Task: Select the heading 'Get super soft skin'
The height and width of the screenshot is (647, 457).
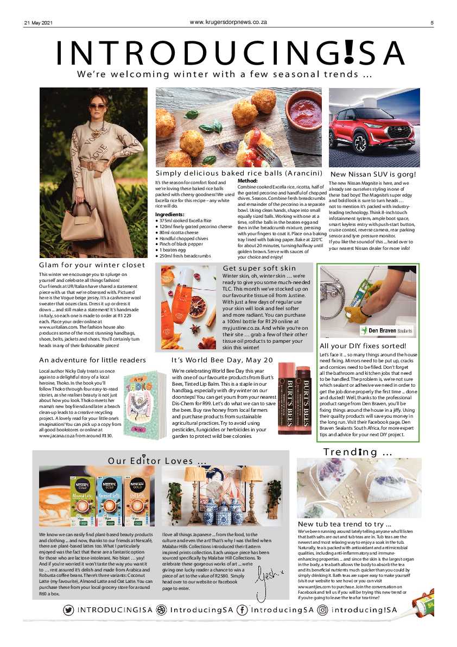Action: [x=259, y=268]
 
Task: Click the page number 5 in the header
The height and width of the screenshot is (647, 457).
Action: [x=432, y=23]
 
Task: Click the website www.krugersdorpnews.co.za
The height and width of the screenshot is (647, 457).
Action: [x=228, y=22]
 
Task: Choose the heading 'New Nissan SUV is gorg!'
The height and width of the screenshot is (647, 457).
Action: [x=373, y=174]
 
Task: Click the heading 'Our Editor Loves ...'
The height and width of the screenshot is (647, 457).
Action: [x=157, y=461]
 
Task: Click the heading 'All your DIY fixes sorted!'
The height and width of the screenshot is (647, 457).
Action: [x=363, y=346]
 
